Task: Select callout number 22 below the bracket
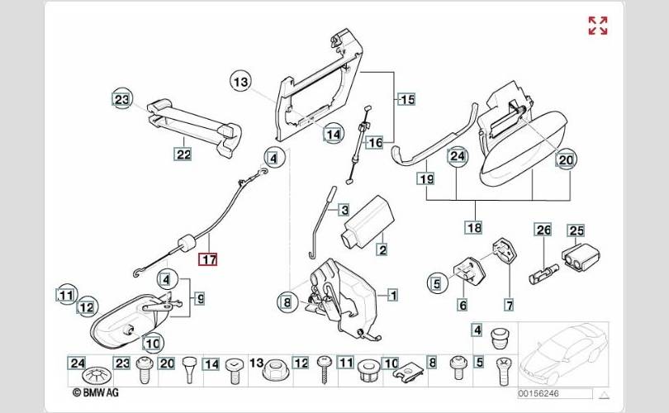pos(183,154)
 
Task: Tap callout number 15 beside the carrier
pos(406,100)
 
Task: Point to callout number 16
pos(375,143)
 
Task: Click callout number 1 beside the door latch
pos(391,294)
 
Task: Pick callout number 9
pos(199,297)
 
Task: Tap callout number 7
pos(509,305)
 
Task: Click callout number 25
pos(575,230)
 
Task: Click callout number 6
pos(463,305)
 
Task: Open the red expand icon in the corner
pos(598,26)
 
